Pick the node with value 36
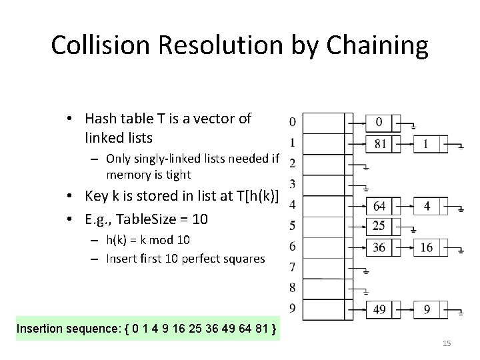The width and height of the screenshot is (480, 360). (379, 247)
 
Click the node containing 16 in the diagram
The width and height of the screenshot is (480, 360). (427, 247)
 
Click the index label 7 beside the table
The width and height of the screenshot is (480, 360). (292, 268)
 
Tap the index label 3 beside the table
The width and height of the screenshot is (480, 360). (292, 183)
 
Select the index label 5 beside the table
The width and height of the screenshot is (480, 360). (292, 225)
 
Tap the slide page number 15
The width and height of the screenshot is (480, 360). (447, 343)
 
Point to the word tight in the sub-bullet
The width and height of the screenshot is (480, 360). (176, 175)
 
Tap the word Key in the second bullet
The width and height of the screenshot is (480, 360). (96, 195)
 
